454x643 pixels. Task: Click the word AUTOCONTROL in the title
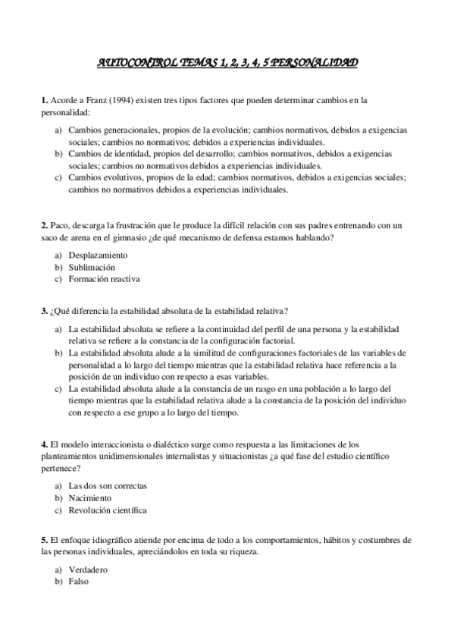click(134, 63)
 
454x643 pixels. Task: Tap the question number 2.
click(44, 225)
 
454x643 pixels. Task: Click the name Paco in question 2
click(60, 225)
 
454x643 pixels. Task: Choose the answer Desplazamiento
click(98, 255)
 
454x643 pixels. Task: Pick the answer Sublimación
click(92, 267)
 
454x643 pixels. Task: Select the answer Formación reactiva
click(104, 279)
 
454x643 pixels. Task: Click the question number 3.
click(44, 311)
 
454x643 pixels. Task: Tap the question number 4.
click(44, 444)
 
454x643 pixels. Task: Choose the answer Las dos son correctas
click(108, 485)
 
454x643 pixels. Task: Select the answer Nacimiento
click(89, 497)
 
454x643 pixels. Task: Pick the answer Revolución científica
click(108, 510)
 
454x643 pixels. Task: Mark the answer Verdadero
click(88, 569)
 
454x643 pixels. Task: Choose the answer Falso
click(79, 582)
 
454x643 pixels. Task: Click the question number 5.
click(44, 540)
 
